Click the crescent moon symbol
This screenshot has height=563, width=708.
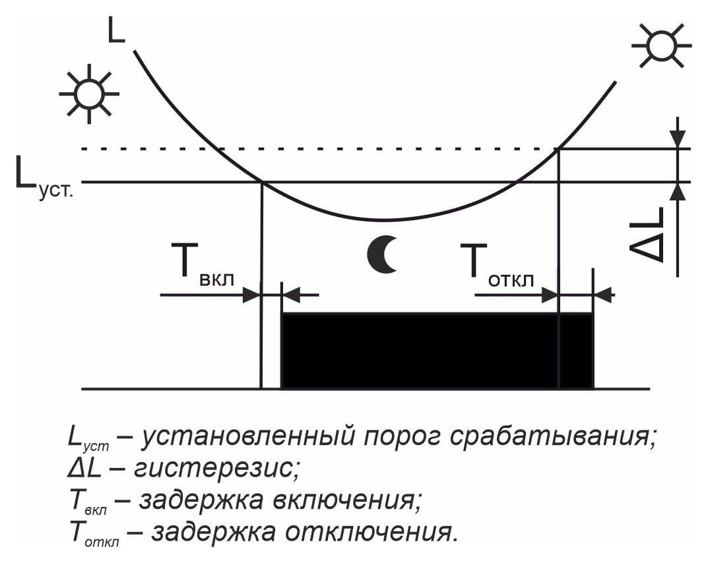click(378, 254)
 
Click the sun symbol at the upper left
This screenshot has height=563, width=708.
click(89, 94)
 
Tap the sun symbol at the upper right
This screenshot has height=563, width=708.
click(662, 45)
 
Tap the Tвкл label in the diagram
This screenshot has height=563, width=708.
click(203, 265)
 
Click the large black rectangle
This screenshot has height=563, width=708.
click(437, 350)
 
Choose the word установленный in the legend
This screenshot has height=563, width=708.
click(247, 436)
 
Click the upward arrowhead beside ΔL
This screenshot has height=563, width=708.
click(677, 191)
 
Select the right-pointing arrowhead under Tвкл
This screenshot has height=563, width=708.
click(252, 295)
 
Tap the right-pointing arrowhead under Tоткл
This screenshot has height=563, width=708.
click(550, 295)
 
